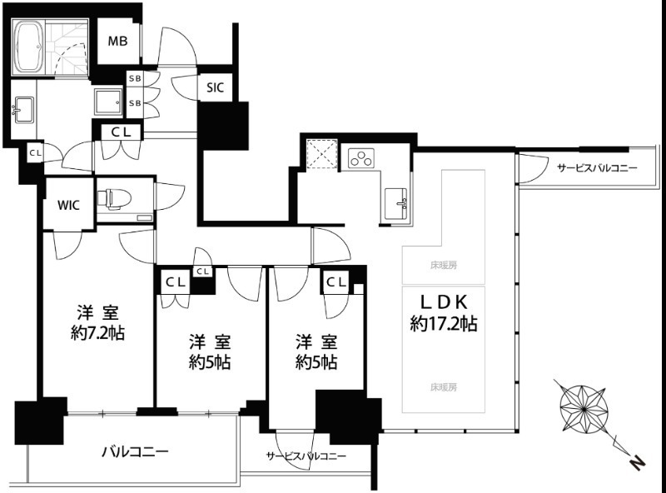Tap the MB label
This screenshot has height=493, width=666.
(x=117, y=42)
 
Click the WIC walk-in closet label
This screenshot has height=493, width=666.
(x=69, y=205)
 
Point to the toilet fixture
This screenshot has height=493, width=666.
(x=112, y=198)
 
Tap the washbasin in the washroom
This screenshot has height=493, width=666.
(x=22, y=108)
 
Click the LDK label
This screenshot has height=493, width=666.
(x=443, y=302)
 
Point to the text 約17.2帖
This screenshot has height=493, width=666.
(x=443, y=324)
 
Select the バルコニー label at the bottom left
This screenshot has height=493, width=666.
(x=135, y=452)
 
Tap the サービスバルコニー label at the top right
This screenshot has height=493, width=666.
(x=596, y=168)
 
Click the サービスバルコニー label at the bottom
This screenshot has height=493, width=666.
(x=306, y=457)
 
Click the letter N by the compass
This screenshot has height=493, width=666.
(x=635, y=461)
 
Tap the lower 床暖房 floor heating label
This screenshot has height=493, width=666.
(x=443, y=386)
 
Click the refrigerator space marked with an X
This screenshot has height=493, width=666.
(x=321, y=155)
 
